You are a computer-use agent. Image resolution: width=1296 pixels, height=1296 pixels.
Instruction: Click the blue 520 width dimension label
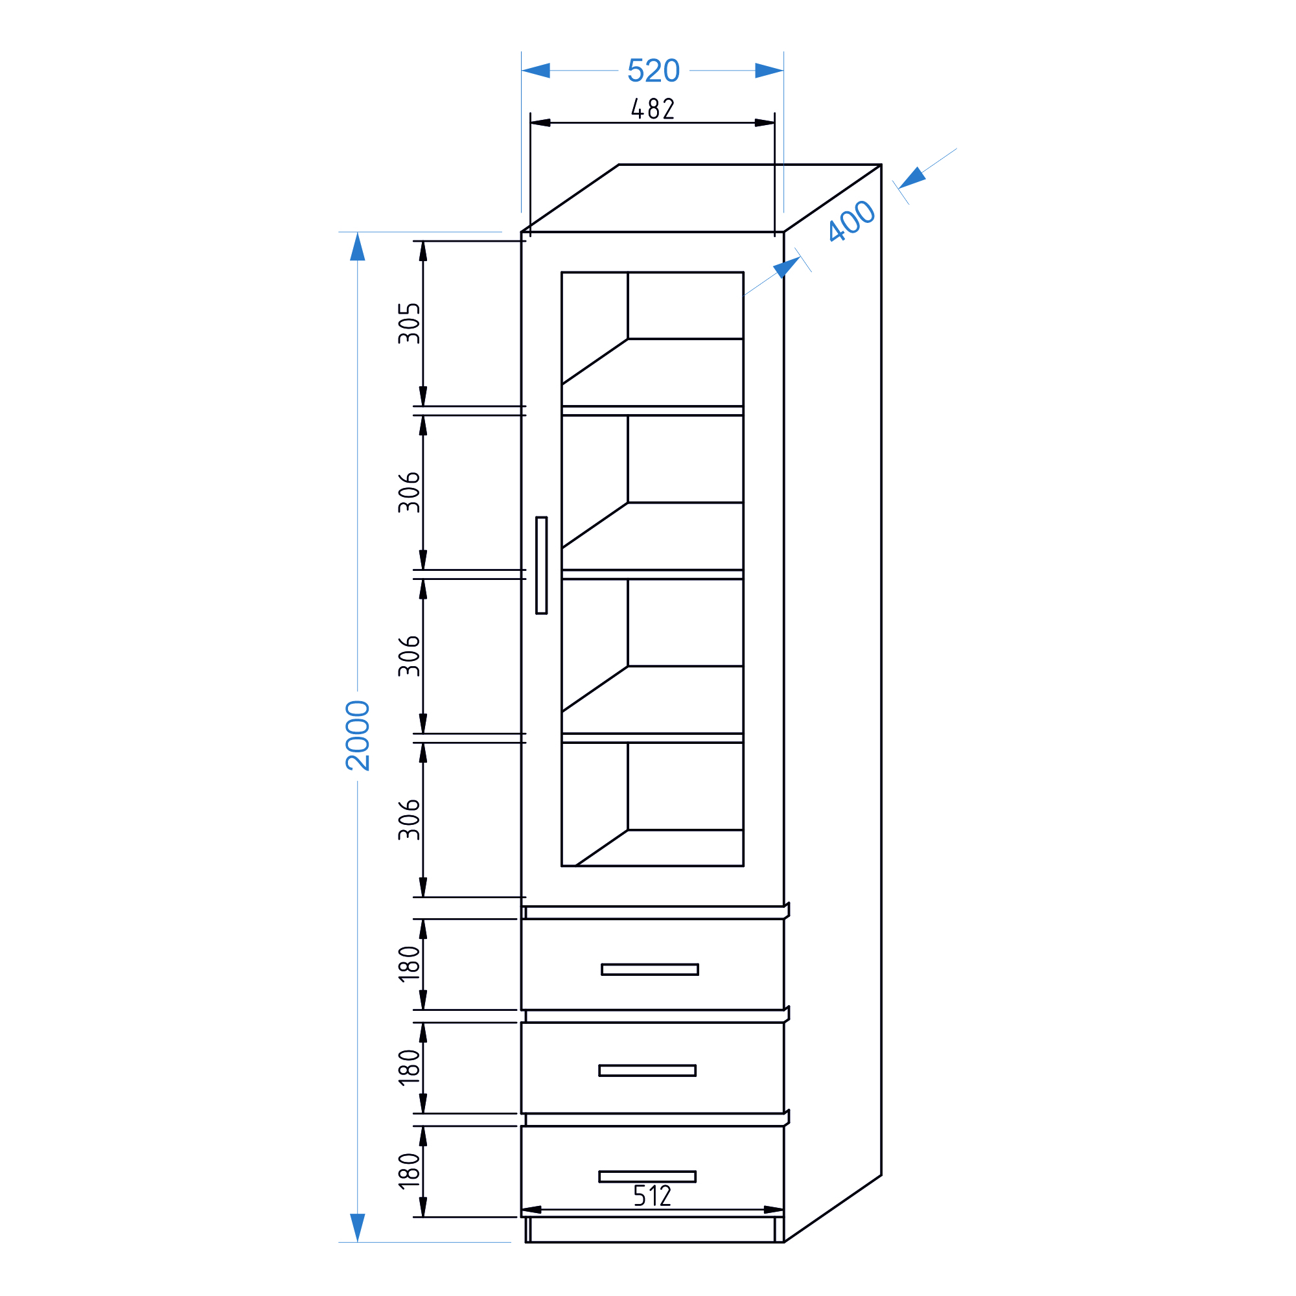[x=653, y=71]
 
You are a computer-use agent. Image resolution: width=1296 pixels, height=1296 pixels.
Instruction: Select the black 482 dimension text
[x=653, y=109]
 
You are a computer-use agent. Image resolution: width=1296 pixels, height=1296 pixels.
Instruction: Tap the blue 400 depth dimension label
[x=851, y=221]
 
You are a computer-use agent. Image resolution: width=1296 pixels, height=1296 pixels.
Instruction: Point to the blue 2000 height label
[x=358, y=735]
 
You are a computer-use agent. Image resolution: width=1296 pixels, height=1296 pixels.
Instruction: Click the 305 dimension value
[x=409, y=323]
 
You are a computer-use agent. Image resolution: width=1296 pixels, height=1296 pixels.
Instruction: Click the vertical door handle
[x=541, y=565]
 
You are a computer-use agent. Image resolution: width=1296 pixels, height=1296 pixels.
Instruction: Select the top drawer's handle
[x=649, y=969]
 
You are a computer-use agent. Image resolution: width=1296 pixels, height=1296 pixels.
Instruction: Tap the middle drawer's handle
[x=647, y=1070]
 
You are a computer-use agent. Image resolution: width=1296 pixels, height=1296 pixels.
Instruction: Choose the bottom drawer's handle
[x=647, y=1177]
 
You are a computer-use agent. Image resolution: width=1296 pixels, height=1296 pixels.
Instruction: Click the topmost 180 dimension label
[x=409, y=964]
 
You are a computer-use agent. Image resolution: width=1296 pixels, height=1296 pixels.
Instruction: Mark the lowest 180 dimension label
[x=409, y=1171]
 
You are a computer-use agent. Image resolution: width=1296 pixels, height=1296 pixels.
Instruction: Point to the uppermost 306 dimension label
[x=409, y=492]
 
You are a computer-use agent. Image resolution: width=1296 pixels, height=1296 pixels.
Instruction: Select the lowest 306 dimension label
[x=409, y=820]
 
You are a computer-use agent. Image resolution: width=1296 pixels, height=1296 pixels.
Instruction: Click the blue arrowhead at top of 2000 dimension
[x=358, y=246]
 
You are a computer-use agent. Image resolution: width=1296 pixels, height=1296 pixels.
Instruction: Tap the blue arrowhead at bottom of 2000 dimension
[x=358, y=1227]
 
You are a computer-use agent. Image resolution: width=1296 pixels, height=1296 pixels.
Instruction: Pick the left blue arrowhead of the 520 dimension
[x=536, y=71]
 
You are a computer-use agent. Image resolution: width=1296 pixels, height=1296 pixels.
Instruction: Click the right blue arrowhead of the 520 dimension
[x=769, y=71]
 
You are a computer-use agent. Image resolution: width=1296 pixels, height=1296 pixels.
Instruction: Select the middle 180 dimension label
[x=409, y=1067]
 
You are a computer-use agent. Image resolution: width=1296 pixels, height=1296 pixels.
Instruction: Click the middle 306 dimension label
[x=409, y=656]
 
